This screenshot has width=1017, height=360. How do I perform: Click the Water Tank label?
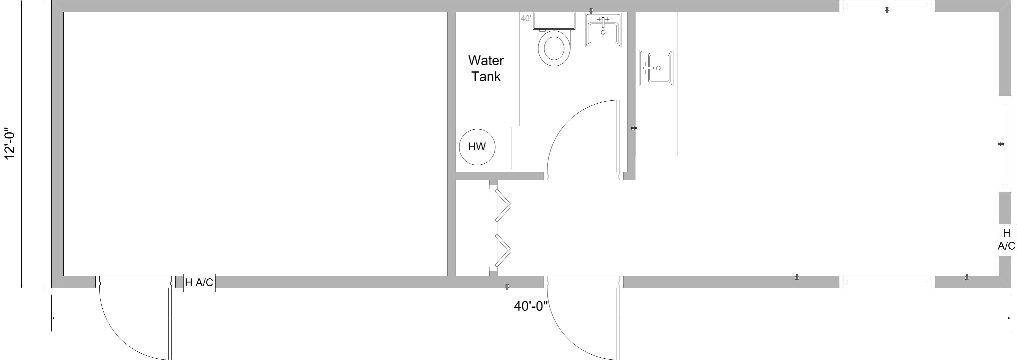(486, 68)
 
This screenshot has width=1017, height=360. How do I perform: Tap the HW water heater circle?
(477, 147)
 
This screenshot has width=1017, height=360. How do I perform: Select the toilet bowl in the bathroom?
(554, 48)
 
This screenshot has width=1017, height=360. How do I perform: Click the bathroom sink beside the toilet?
(603, 30)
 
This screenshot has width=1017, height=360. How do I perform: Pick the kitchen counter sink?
(656, 68)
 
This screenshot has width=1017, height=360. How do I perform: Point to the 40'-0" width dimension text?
(531, 306)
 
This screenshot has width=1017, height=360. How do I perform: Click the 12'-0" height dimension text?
(10, 143)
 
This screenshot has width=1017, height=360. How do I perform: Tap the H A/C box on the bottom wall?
(199, 283)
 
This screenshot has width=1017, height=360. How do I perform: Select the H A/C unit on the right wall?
(1006, 240)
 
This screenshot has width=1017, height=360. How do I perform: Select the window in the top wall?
(887, 6)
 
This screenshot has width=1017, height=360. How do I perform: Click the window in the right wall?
(1005, 144)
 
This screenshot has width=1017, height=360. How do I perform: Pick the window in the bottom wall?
(887, 282)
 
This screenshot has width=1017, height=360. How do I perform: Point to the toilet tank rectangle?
(553, 21)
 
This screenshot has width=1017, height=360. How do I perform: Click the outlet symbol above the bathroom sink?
(591, 10)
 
